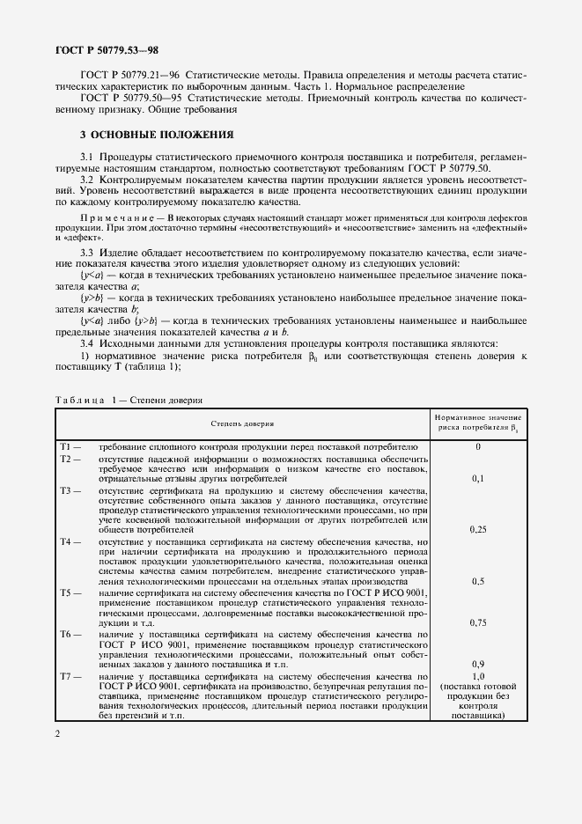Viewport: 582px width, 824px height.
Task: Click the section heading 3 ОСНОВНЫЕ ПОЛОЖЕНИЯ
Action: pos(156,135)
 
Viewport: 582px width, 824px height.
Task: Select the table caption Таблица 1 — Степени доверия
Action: pos(129,400)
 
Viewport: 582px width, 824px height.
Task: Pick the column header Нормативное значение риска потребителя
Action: pos(479,423)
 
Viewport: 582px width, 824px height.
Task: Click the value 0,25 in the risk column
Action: pos(478,531)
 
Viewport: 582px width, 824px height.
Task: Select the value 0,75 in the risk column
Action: pos(478,622)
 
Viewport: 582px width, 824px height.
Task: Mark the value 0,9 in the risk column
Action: pos(478,664)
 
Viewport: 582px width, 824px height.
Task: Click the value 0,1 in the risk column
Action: pos(478,479)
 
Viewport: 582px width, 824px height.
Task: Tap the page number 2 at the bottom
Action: pos(57,733)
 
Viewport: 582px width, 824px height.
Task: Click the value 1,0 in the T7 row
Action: pos(478,675)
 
